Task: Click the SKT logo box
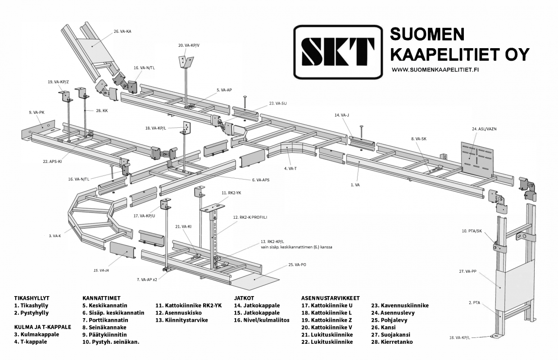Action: pyautogui.click(x=338, y=51)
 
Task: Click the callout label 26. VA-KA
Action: pyautogui.click(x=122, y=31)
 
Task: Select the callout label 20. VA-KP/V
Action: pyautogui.click(x=189, y=45)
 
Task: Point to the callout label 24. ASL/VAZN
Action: pyautogui.click(x=484, y=129)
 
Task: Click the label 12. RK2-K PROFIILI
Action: pyautogui.click(x=250, y=217)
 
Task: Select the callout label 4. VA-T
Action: pyautogui.click(x=290, y=168)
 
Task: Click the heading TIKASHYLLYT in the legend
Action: pyautogui.click(x=32, y=298)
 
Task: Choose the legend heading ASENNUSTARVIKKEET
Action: pyautogui.click(x=330, y=298)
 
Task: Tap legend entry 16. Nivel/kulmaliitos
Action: pyautogui.click(x=262, y=320)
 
